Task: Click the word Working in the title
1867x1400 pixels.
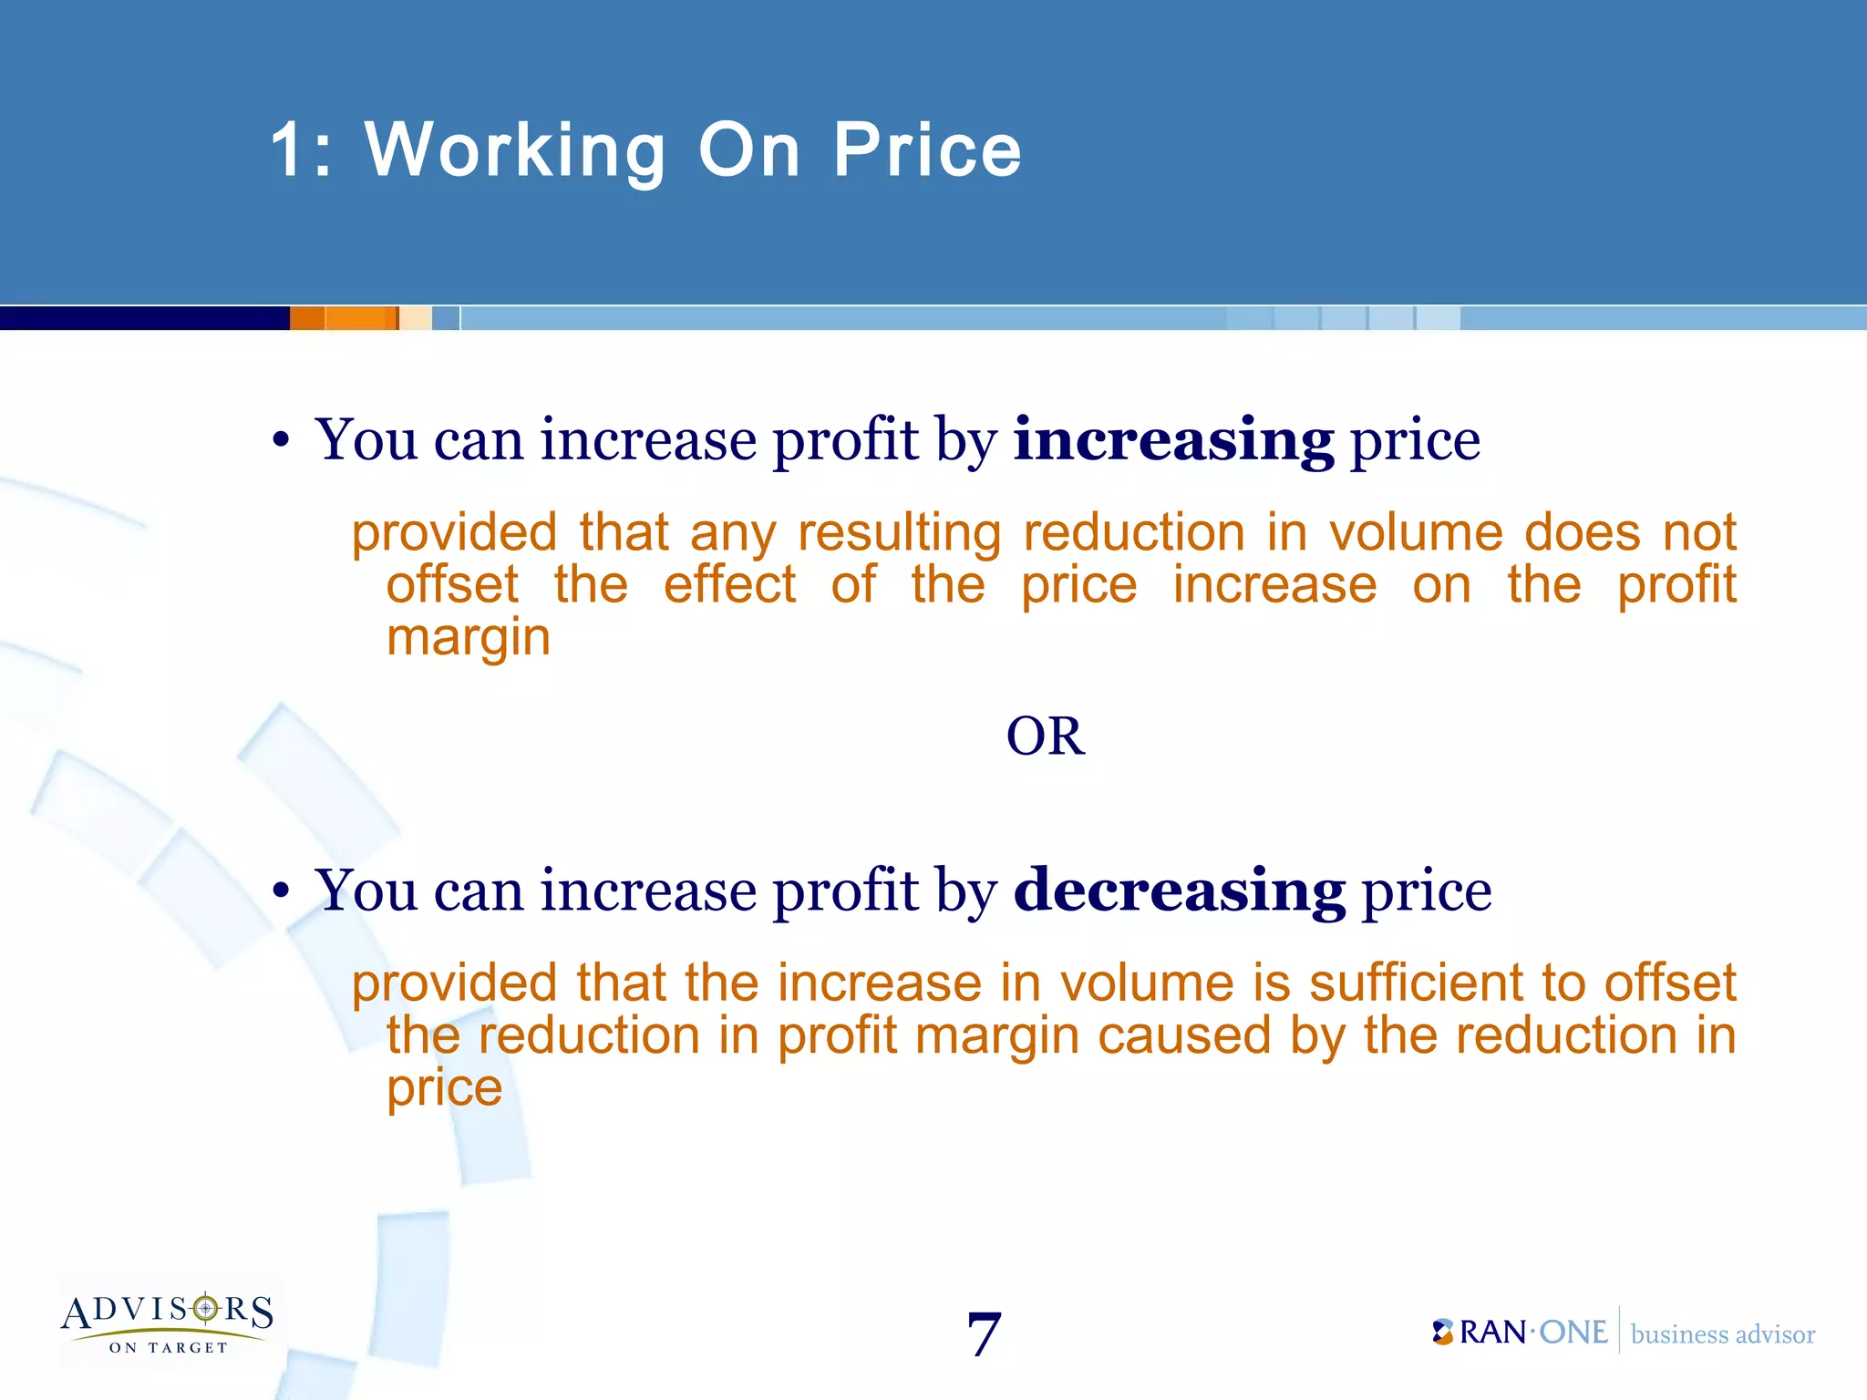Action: (516, 150)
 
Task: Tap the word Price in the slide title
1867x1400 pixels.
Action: (927, 150)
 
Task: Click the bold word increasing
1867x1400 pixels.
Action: (1173, 440)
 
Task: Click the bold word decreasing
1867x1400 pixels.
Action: (1179, 890)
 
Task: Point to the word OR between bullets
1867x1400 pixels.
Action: (1046, 736)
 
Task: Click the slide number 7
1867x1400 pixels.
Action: (984, 1334)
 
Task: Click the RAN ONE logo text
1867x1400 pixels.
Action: (1521, 1333)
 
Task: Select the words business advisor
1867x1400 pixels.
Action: (1722, 1334)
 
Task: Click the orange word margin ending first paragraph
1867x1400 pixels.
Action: (469, 637)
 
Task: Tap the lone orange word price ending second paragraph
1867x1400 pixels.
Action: (444, 1088)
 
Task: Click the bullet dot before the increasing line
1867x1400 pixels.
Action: (281, 442)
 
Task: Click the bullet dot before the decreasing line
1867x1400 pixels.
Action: (281, 892)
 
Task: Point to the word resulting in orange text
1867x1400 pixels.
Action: (899, 533)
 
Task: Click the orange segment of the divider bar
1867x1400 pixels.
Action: (345, 318)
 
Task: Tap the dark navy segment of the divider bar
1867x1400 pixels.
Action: (144, 318)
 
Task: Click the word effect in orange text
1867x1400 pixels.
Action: (729, 585)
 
